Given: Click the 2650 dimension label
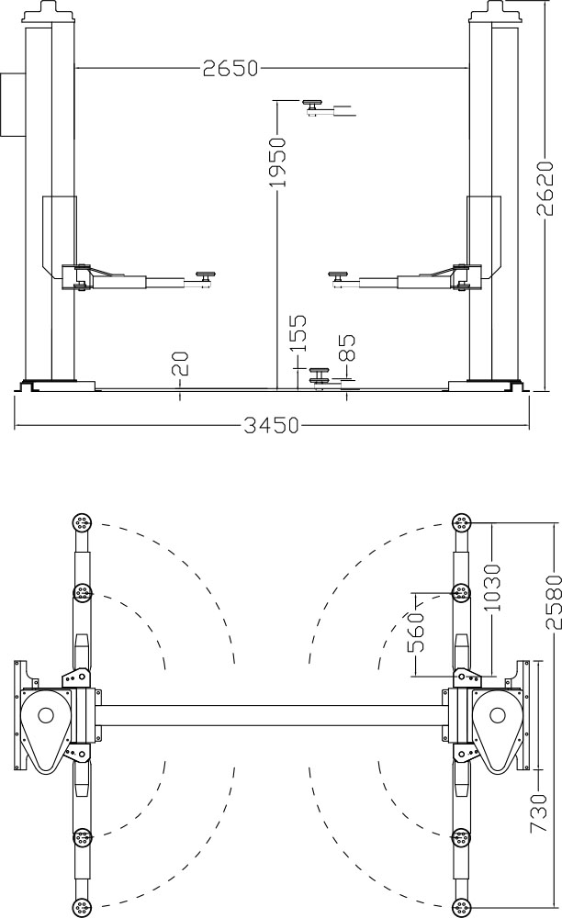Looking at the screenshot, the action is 230,69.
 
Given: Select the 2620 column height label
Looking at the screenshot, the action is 545,188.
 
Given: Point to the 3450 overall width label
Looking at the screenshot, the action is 271,425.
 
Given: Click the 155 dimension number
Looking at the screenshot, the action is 298,334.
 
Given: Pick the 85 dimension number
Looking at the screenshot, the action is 346,347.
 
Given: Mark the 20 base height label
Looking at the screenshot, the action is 180,363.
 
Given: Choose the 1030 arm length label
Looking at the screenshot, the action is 492,588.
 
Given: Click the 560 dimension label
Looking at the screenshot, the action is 416,633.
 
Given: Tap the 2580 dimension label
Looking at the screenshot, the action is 554,602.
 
